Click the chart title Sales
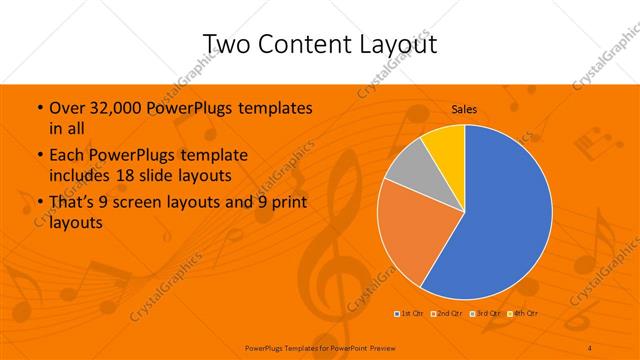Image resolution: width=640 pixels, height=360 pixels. pyautogui.click(x=464, y=108)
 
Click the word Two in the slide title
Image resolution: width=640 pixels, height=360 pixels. pyautogui.click(x=227, y=44)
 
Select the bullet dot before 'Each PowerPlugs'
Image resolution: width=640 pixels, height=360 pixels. pyautogui.click(x=38, y=156)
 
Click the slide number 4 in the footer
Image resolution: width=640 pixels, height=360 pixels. pyautogui.click(x=590, y=347)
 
